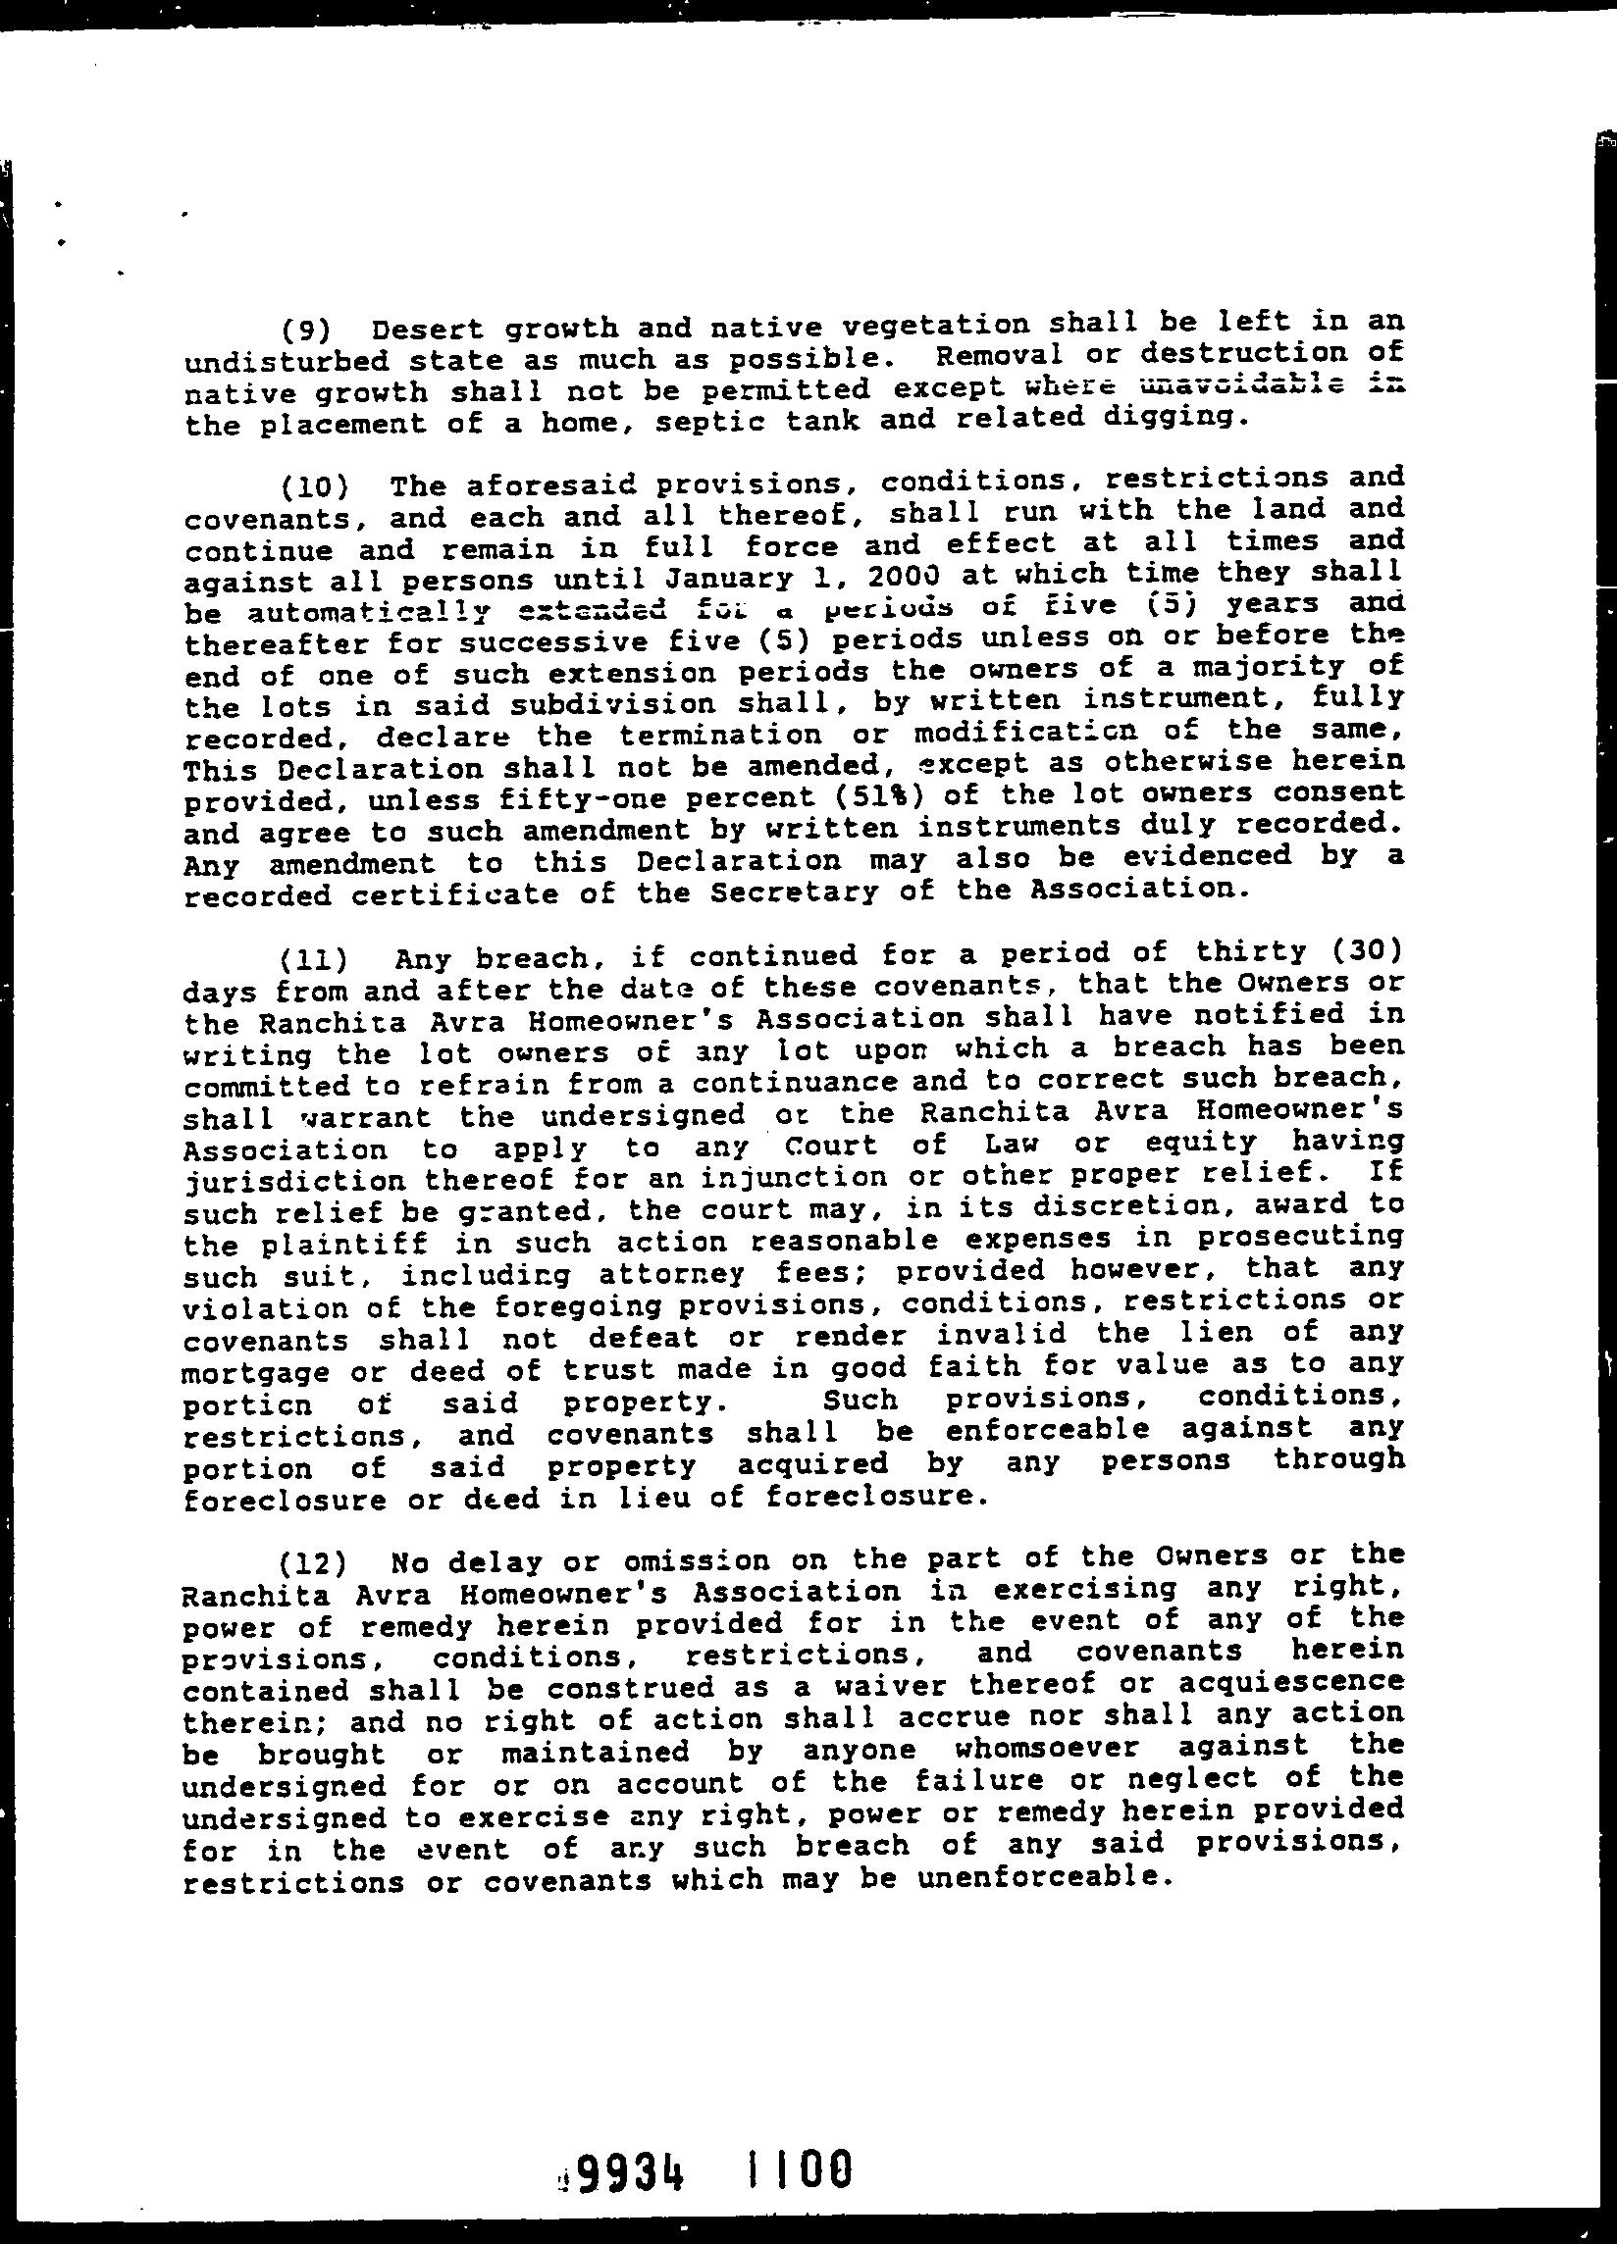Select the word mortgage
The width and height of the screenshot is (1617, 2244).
tap(242, 1373)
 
